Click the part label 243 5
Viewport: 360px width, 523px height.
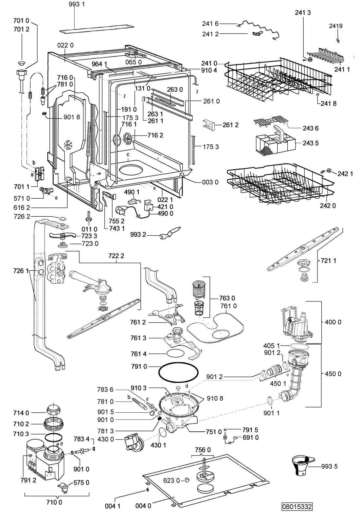coord(311,143)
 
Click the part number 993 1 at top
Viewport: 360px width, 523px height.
coord(77,4)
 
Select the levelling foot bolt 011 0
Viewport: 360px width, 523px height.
coord(88,217)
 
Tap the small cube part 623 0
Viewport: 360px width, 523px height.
coord(187,479)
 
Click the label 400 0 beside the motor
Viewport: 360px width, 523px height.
coord(333,322)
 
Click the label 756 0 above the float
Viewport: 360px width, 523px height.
coord(203,450)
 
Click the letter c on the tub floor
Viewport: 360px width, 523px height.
coord(128,154)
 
